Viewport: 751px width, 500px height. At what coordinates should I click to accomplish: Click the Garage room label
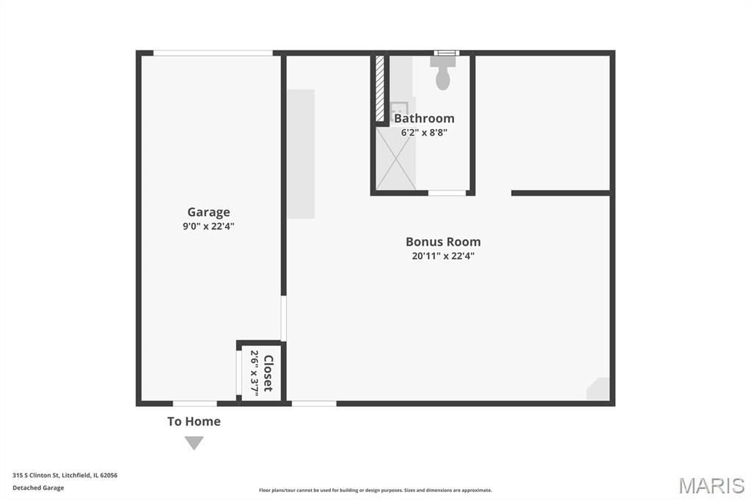[x=208, y=212]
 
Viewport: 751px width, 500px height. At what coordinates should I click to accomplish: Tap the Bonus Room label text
[x=443, y=242]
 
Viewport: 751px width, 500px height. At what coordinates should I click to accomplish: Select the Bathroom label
[x=424, y=118]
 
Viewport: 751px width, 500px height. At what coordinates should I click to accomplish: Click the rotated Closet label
[x=268, y=373]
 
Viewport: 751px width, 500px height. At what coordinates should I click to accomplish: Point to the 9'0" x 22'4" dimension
[x=208, y=226]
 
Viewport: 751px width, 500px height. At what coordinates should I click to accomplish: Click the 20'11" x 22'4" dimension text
[x=443, y=256]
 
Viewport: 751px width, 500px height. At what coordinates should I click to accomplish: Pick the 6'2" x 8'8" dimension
[x=424, y=132]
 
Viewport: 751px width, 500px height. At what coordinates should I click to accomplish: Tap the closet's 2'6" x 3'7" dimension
[x=254, y=373]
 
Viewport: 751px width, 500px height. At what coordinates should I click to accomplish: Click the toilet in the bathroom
[x=443, y=73]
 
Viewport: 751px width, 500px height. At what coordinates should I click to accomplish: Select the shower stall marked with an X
[x=395, y=158]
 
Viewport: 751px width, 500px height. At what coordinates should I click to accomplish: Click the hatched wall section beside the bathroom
[x=380, y=89]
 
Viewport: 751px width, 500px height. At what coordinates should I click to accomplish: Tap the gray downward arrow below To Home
[x=194, y=443]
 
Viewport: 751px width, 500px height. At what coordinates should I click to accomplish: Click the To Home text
[x=194, y=422]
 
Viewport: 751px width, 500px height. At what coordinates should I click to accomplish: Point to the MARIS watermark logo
[x=711, y=485]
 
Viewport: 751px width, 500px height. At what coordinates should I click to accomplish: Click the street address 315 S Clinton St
[x=36, y=475]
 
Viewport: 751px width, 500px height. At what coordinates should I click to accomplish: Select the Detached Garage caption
[x=38, y=488]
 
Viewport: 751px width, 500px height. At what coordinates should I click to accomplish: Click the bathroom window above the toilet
[x=447, y=53]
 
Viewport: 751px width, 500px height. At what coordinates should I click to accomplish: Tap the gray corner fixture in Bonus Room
[x=598, y=389]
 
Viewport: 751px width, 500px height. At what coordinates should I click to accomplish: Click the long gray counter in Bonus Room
[x=301, y=154]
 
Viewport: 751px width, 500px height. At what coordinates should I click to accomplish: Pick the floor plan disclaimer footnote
[x=375, y=490]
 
